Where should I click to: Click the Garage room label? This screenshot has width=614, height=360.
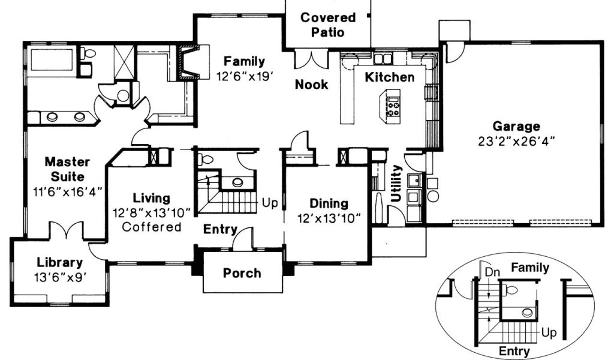[x=516, y=126]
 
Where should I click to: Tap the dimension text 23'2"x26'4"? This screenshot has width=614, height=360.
[x=516, y=141]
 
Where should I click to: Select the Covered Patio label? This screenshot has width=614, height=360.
[x=328, y=25]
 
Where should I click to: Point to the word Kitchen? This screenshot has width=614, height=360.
[x=389, y=77]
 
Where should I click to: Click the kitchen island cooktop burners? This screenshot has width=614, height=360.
[x=393, y=108]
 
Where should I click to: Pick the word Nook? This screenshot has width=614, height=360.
[x=311, y=84]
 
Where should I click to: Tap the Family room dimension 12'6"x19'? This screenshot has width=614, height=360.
[x=245, y=76]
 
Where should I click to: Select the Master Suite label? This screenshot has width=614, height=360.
[x=67, y=169]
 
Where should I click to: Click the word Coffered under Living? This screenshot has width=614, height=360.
[x=152, y=227]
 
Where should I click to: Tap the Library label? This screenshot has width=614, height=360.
[x=59, y=262]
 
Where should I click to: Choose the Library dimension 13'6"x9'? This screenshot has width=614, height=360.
[x=60, y=277]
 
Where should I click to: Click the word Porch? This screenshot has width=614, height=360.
[x=242, y=273]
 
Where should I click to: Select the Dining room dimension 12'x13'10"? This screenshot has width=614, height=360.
[x=329, y=218]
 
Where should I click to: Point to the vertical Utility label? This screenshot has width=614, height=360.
[x=397, y=184]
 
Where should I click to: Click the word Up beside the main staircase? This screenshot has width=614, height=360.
[x=270, y=203]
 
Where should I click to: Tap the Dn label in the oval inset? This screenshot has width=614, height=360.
[x=492, y=272]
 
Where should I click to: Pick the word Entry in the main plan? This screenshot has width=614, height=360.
[x=220, y=229]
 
